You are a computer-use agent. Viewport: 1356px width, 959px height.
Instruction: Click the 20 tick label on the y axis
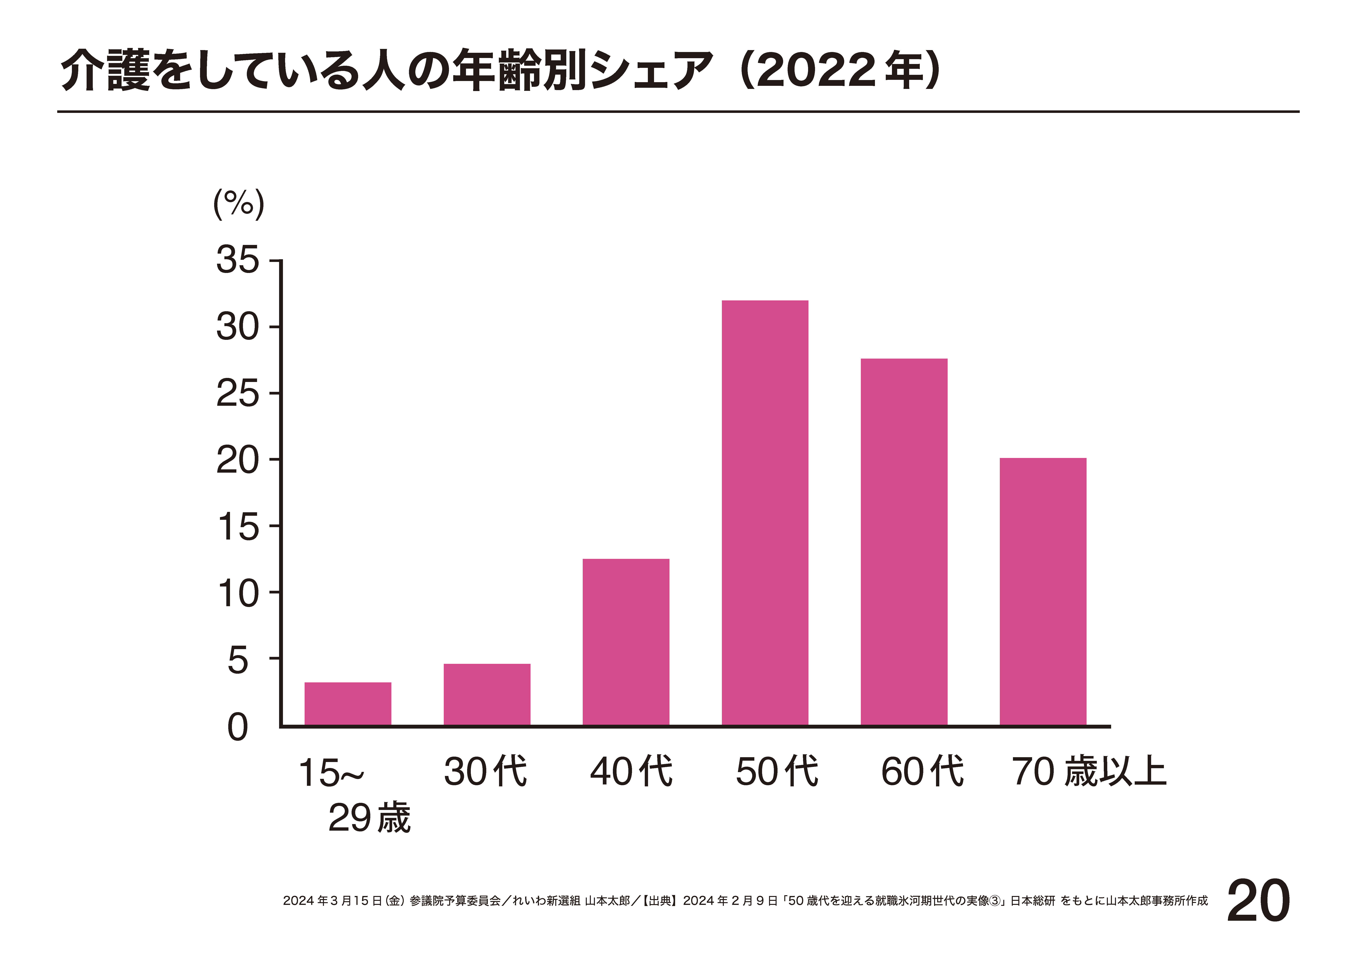(237, 460)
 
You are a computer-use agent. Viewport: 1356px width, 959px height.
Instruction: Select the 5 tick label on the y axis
(237, 660)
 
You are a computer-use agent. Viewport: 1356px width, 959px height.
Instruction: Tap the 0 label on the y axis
(237, 727)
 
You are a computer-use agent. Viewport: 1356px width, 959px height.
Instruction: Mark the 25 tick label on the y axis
(237, 394)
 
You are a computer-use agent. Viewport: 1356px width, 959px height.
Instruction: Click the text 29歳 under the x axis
(369, 818)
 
